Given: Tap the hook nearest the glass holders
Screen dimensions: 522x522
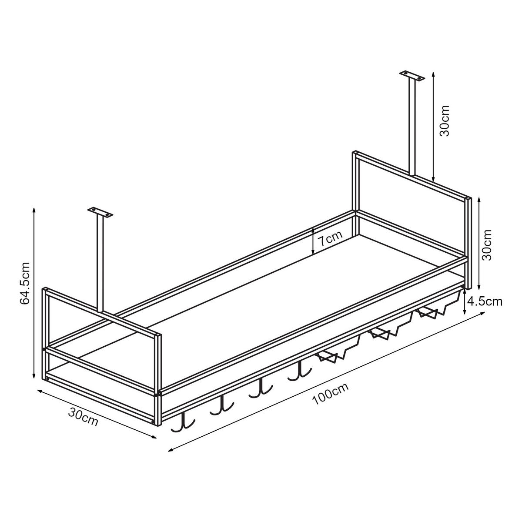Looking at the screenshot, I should [x=300, y=371].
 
